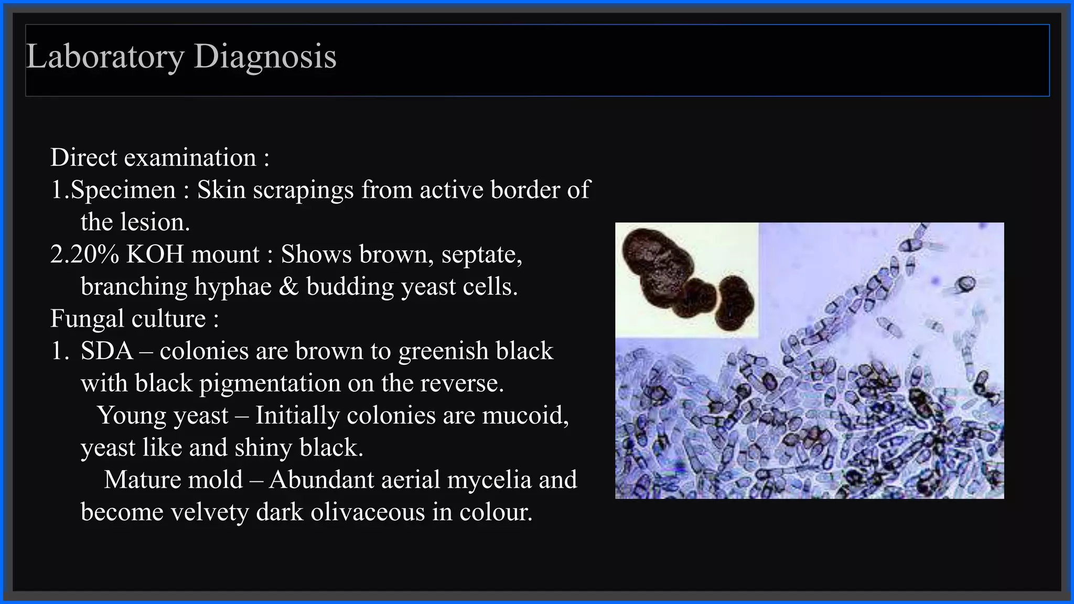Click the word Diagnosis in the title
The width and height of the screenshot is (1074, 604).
pos(265,57)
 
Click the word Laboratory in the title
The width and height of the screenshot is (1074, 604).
pos(105,57)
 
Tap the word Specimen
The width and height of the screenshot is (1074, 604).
pos(123,190)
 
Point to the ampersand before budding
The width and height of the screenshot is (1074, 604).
pos(288,287)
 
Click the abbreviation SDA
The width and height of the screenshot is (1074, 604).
pos(106,351)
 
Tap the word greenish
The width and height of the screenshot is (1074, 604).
pos(443,351)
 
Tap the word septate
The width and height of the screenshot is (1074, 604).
pos(481,255)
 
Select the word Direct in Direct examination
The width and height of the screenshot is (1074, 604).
pos(83,158)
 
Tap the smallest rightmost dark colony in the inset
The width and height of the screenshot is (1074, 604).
pos(735,303)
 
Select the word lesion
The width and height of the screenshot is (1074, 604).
pos(155,222)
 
